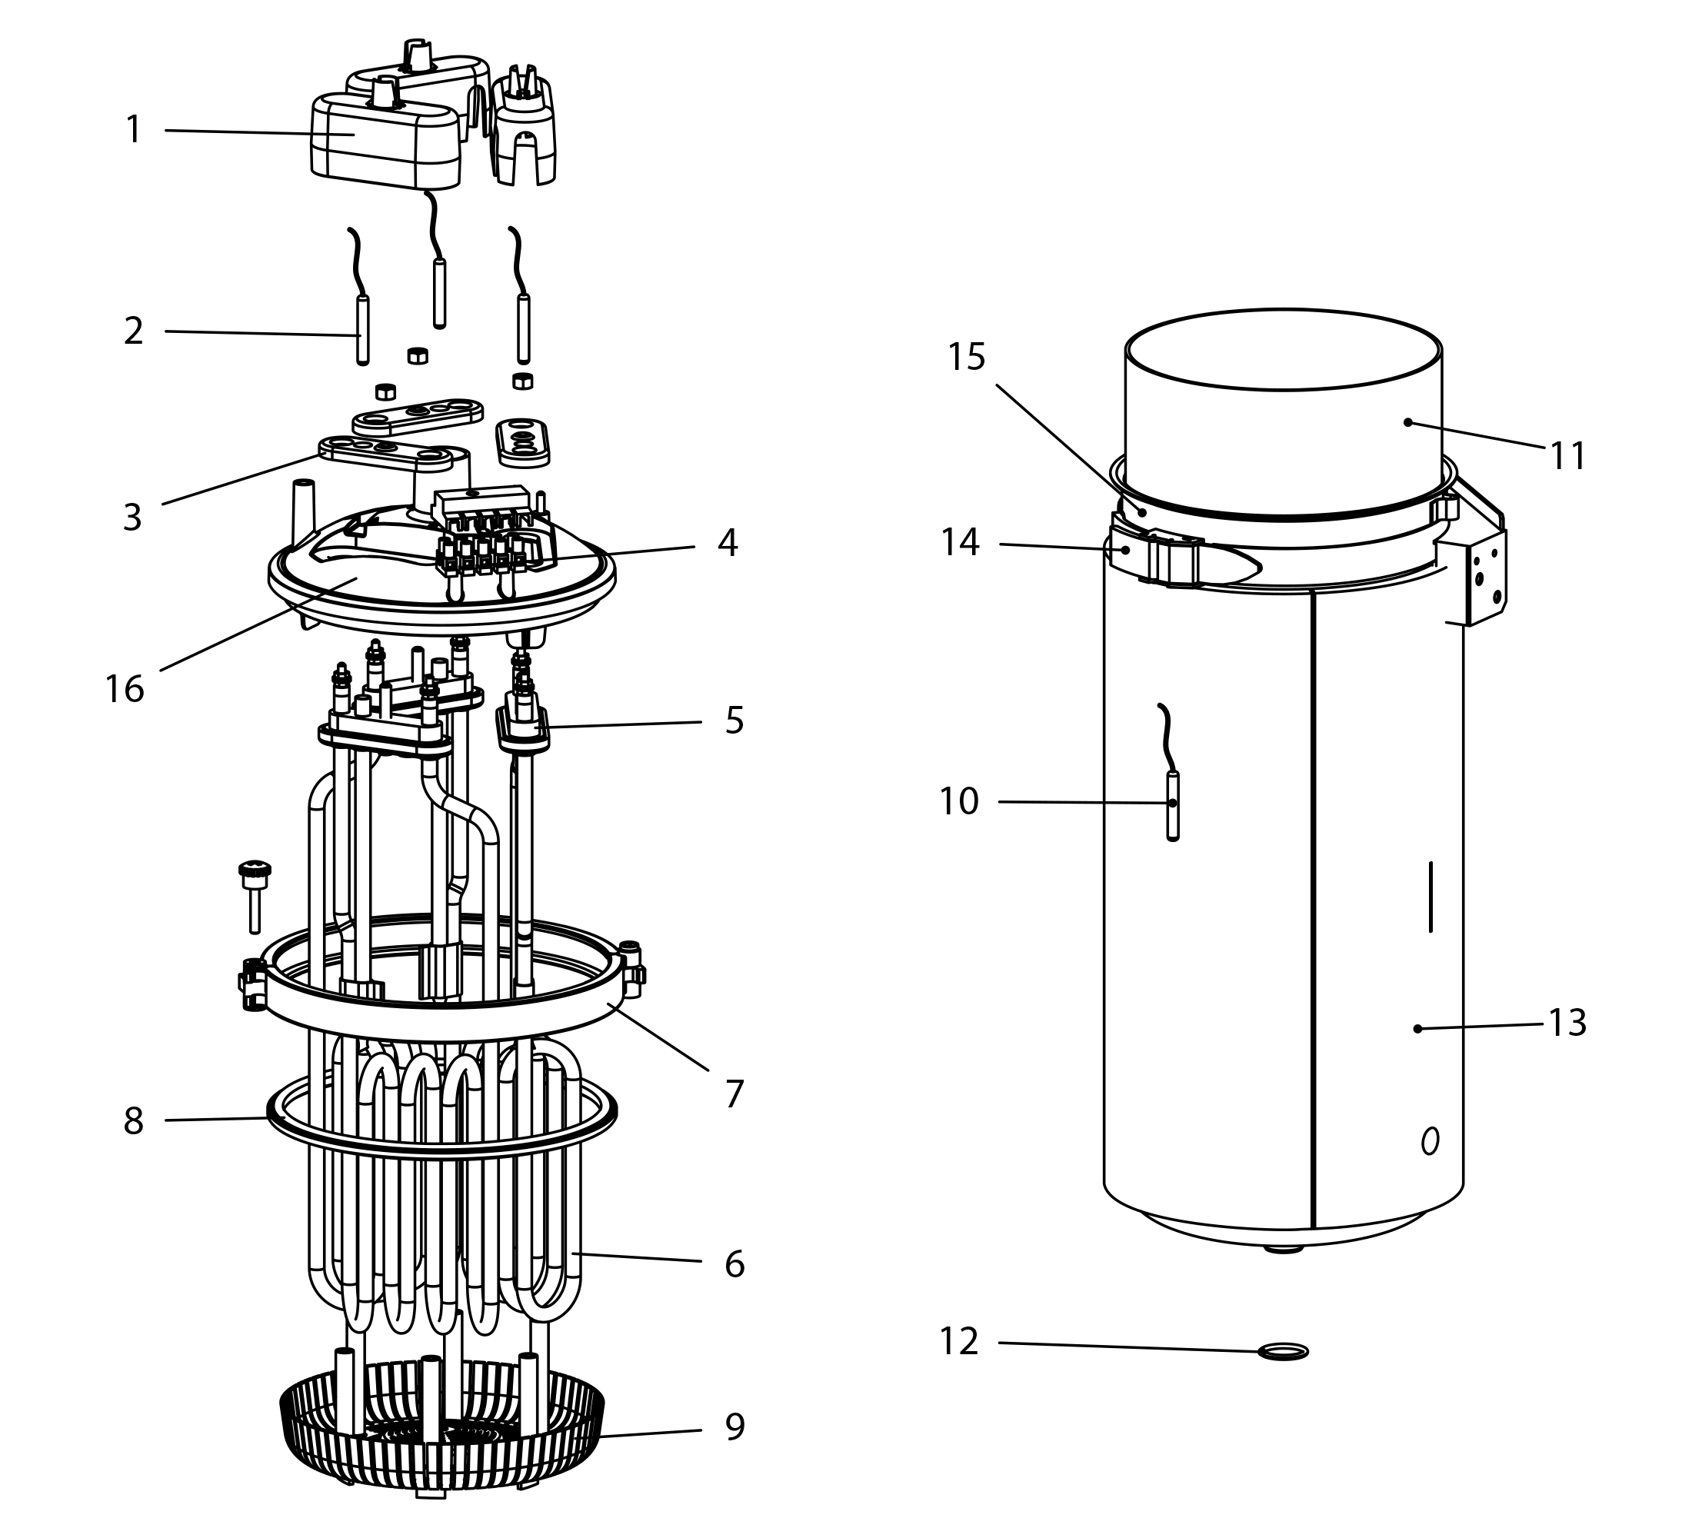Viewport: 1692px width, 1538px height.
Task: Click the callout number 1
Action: pos(132,130)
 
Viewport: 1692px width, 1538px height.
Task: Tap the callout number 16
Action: pos(125,690)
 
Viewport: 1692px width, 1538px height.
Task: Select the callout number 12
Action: pos(958,1342)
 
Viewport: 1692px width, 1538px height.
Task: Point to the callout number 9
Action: pos(734,1426)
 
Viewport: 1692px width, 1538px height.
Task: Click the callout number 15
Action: pos(966,358)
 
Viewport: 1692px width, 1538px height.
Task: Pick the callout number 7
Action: pos(734,1094)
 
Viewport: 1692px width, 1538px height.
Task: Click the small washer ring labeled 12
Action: pos(1284,1351)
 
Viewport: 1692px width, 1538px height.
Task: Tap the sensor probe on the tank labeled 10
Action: pos(1173,805)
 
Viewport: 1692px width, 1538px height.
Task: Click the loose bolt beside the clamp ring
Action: pos(255,896)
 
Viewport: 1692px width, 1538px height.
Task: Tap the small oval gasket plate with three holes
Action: pos(523,441)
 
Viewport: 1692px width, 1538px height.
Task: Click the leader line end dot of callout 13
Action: pos(1417,1029)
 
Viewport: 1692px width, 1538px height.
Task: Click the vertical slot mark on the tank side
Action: pos(1431,896)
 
